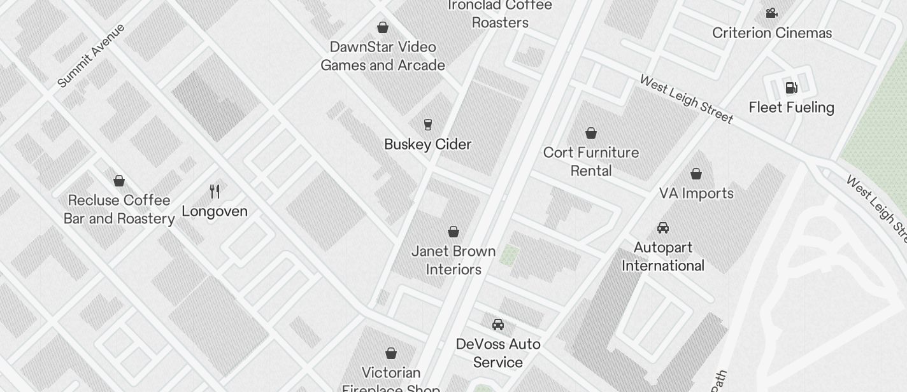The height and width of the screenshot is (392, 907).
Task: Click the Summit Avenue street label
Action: point(91,55)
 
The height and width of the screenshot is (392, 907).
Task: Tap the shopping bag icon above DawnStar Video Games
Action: point(383,27)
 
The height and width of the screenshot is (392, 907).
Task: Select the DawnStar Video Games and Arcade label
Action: point(383,56)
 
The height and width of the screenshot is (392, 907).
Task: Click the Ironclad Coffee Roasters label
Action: point(500,14)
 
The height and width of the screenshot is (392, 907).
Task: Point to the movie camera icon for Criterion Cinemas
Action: point(772,13)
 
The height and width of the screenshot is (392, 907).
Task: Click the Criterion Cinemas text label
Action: point(772,33)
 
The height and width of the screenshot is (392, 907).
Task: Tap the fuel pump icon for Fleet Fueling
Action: point(791,87)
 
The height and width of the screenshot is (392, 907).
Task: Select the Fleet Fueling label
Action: point(791,108)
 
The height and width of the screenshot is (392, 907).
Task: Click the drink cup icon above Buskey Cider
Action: point(428,124)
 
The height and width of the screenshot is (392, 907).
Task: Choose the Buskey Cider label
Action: point(428,144)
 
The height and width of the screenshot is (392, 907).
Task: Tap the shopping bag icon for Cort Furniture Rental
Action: point(591,133)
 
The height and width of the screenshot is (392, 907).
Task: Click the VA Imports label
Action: point(696,193)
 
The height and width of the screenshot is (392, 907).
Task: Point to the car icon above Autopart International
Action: point(663,228)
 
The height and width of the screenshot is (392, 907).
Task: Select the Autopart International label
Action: point(663,256)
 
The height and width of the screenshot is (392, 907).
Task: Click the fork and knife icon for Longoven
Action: point(215,191)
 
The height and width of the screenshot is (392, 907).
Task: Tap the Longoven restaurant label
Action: point(215,211)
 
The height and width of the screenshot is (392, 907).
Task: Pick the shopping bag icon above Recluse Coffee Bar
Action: point(119,181)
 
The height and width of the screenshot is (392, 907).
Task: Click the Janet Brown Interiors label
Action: point(453,260)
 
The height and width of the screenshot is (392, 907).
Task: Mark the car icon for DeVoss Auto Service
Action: point(498,325)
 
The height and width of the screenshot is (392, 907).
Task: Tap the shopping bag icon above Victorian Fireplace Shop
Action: point(391,353)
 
